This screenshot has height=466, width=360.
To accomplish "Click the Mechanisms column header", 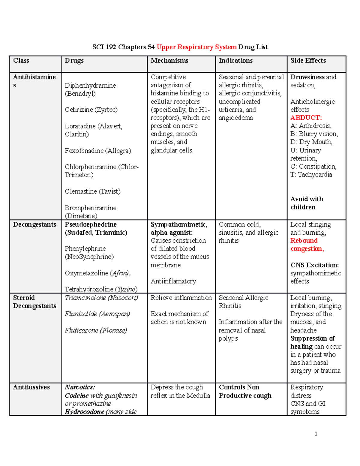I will pyautogui.click(x=169, y=61).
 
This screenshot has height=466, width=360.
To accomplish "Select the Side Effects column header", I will pyautogui.click(x=308, y=61).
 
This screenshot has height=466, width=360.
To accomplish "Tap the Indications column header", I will pyautogui.click(x=235, y=61).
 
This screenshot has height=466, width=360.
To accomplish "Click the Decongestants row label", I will pyautogui.click(x=34, y=224).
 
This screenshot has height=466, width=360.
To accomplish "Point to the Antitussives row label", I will pyautogui.click(x=31, y=387).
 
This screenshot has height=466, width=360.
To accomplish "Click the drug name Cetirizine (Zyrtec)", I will pyautogui.click(x=91, y=110).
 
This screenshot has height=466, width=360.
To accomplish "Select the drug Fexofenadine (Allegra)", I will pyautogui.click(x=98, y=151).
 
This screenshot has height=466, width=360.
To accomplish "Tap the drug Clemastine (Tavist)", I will pyautogui.click(x=92, y=191).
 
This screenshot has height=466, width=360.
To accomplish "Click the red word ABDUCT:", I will pyautogui.click(x=306, y=118).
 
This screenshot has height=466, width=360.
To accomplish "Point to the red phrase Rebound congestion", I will pyautogui.click(x=307, y=245).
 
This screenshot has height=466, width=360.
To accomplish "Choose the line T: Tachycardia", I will pyautogui.click(x=311, y=175).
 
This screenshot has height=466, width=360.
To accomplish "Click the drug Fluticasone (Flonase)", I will pyautogui.click(x=96, y=330).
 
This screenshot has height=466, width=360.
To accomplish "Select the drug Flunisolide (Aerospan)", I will pyautogui.click(x=97, y=314).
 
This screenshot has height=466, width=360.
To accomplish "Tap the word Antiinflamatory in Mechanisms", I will pyautogui.click(x=173, y=281).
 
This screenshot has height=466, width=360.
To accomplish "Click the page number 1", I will pyautogui.click(x=316, y=434).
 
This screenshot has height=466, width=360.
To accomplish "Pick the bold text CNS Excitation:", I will pyautogui.click(x=314, y=265).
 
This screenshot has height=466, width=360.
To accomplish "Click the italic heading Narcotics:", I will pyautogui.click(x=80, y=387).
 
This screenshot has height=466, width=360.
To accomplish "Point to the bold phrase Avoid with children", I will pyautogui.click(x=307, y=203).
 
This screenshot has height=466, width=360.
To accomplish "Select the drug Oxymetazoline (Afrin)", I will pyautogui.click(x=97, y=273).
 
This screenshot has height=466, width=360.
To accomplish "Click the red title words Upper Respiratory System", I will pyautogui.click(x=196, y=47).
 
